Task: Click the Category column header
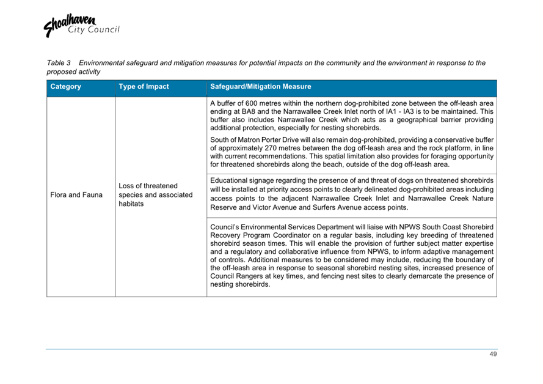[66, 87]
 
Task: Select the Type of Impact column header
[144, 87]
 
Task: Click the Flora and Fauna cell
[76, 196]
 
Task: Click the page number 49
[493, 355]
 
